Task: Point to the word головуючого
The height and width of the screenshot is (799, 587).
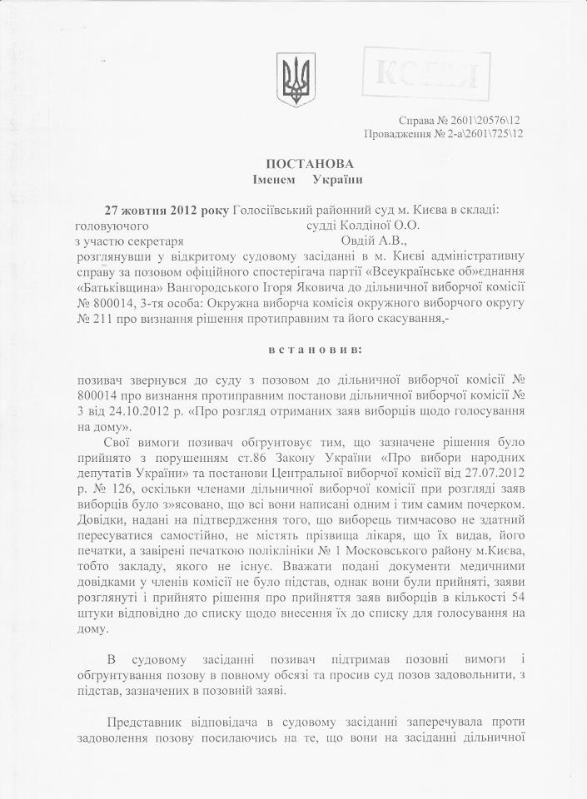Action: (112, 225)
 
